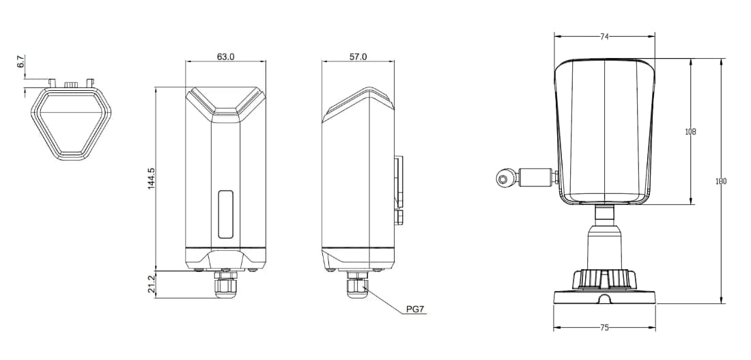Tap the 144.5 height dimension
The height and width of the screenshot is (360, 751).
pyautogui.click(x=152, y=178)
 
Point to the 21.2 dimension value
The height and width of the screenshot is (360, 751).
pyautogui.click(x=152, y=283)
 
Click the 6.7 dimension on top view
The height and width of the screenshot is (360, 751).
pyautogui.click(x=20, y=63)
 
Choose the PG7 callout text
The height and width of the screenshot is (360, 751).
pyautogui.click(x=415, y=309)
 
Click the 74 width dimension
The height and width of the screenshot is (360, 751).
pyautogui.click(x=604, y=37)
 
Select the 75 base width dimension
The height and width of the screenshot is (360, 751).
pyautogui.click(x=604, y=328)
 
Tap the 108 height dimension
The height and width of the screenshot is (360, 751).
pyautogui.click(x=691, y=131)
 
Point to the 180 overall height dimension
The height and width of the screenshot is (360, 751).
pyautogui.click(x=721, y=181)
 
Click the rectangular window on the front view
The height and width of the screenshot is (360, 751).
pyautogui.click(x=226, y=214)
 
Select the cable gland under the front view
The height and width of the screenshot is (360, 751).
pyautogui.click(x=226, y=286)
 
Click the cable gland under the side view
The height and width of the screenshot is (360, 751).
pyautogui.click(x=356, y=286)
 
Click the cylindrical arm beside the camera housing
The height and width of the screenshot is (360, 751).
pyautogui.click(x=536, y=177)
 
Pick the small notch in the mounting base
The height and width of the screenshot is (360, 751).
pyautogui.click(x=604, y=299)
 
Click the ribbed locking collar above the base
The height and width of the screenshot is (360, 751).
pyautogui.click(x=604, y=279)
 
